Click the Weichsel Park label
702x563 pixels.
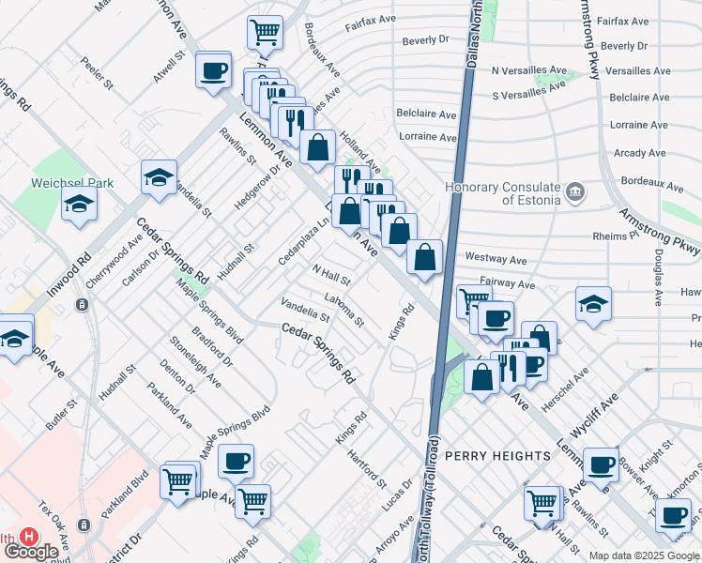pos(71,183)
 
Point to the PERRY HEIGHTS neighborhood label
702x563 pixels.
pos(497,456)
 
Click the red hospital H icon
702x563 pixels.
pos(28,537)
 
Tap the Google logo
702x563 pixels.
pos(30,552)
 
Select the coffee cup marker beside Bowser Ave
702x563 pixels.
pos(601,464)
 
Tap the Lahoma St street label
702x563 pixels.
pos(344,312)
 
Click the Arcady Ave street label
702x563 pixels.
pos(639,153)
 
